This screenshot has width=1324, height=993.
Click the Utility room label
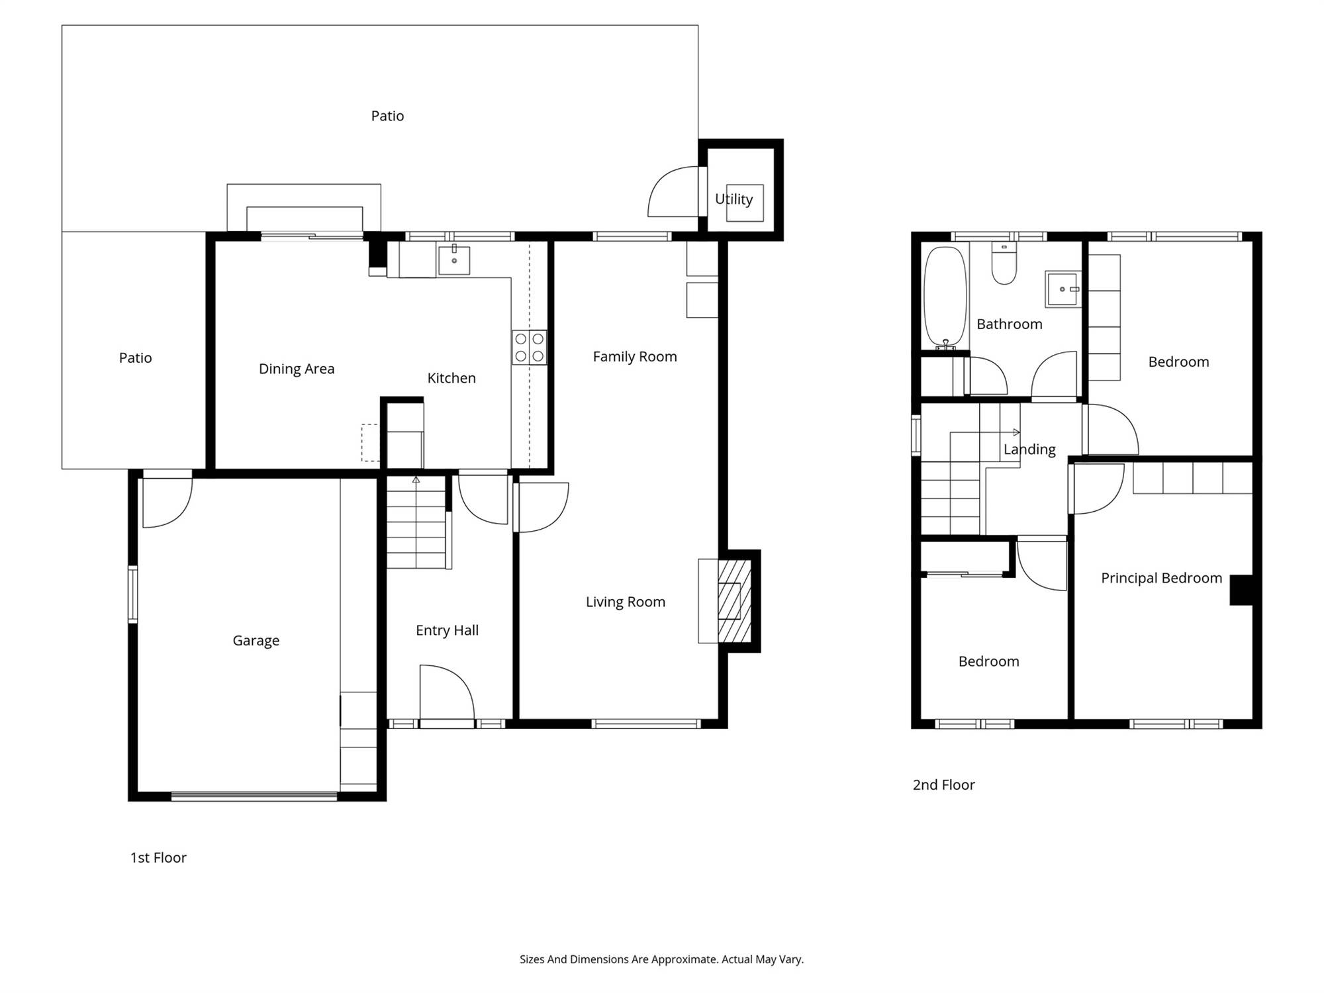[733, 199]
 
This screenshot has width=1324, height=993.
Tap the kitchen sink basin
[454, 260]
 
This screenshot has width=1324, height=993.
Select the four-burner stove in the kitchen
[529, 348]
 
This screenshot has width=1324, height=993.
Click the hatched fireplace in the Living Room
[734, 601]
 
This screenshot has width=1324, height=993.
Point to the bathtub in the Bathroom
[945, 297]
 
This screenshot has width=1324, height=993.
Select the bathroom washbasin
[1063, 289]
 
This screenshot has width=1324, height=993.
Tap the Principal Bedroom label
[1161, 578]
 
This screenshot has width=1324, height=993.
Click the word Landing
[1029, 449]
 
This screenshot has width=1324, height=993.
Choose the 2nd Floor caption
[943, 784]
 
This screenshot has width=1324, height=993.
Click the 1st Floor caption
[158, 857]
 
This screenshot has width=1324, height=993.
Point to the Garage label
[256, 640]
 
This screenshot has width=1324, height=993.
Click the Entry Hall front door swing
[447, 692]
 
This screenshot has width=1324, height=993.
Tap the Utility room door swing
[673, 191]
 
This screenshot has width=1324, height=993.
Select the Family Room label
[635, 357]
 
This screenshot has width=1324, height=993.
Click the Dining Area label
[296, 369]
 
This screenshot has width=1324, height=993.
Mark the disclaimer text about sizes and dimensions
[661, 959]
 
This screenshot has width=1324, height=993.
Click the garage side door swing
[167, 502]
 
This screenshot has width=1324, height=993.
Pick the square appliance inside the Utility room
[745, 203]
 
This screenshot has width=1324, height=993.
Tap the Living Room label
[625, 602]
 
